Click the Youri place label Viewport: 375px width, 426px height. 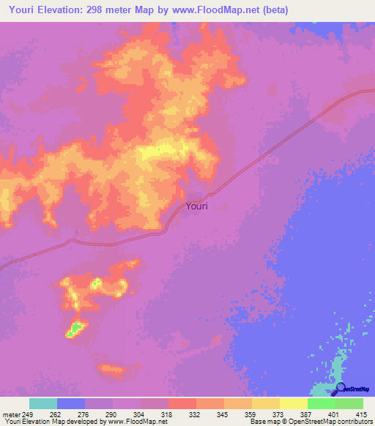pos(196,206)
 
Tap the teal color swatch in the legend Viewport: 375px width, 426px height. pos(43,403)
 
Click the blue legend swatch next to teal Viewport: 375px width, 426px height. pos(71,403)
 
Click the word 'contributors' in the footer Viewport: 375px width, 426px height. pos(355,422)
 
